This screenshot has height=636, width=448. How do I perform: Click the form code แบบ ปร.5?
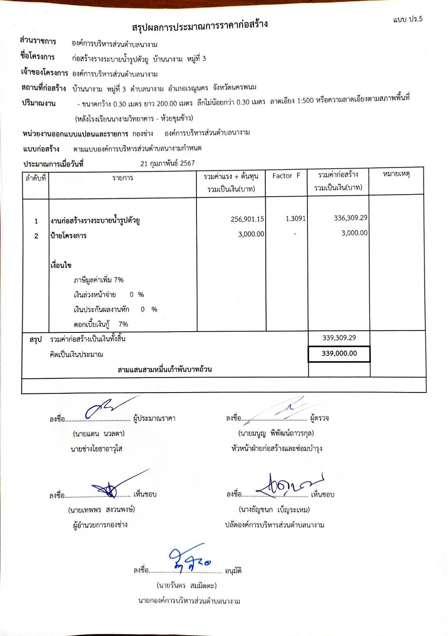408,19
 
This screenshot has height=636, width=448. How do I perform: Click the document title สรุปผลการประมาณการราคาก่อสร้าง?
200,26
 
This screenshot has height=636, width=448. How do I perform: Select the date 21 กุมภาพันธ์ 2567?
167,163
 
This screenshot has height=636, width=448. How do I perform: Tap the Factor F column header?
286,176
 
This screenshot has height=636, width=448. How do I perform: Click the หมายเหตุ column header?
396,174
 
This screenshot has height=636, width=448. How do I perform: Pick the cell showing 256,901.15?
247,219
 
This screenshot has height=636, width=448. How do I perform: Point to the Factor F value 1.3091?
295,218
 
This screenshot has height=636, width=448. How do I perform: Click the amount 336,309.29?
350,218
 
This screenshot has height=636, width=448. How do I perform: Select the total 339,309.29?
339,338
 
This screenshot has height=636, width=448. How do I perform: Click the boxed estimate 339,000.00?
339,353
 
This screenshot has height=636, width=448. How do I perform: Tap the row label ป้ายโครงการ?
68,236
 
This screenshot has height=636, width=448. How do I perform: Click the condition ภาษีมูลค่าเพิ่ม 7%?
98,280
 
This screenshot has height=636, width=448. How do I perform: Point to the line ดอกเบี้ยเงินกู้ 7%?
101,324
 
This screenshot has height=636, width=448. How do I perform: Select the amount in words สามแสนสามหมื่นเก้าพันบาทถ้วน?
164,370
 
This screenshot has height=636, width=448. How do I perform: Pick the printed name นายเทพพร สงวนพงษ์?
101,509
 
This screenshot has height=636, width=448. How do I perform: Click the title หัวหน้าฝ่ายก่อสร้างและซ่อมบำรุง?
277,448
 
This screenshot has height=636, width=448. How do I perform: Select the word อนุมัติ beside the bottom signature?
233,570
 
